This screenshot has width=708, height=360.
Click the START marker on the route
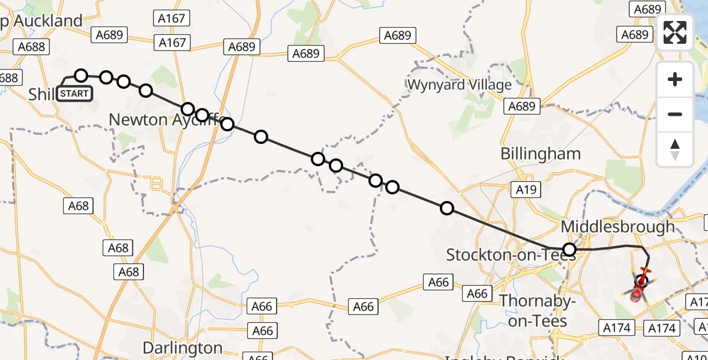tap(74, 94)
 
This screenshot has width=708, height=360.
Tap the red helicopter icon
tap(638, 287)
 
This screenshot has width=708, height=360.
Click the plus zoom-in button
tap(675, 79)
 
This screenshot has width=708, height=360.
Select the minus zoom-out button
tap(675, 114)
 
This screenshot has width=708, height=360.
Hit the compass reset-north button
tap(675, 149)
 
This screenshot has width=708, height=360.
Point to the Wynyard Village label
tap(459, 85)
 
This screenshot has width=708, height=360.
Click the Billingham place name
tap(541, 154)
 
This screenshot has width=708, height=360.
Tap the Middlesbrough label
tap(617, 227)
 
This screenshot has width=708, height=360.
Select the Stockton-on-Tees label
tap(510, 255)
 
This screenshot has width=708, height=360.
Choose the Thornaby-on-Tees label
tap(533, 310)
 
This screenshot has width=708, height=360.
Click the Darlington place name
tap(182, 348)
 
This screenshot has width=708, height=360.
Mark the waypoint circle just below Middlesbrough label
tap(569, 249)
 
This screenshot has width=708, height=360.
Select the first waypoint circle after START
tap(81, 75)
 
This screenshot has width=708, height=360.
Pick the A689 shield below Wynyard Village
tap(521, 106)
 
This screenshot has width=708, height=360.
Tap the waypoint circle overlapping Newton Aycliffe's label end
tap(227, 124)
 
